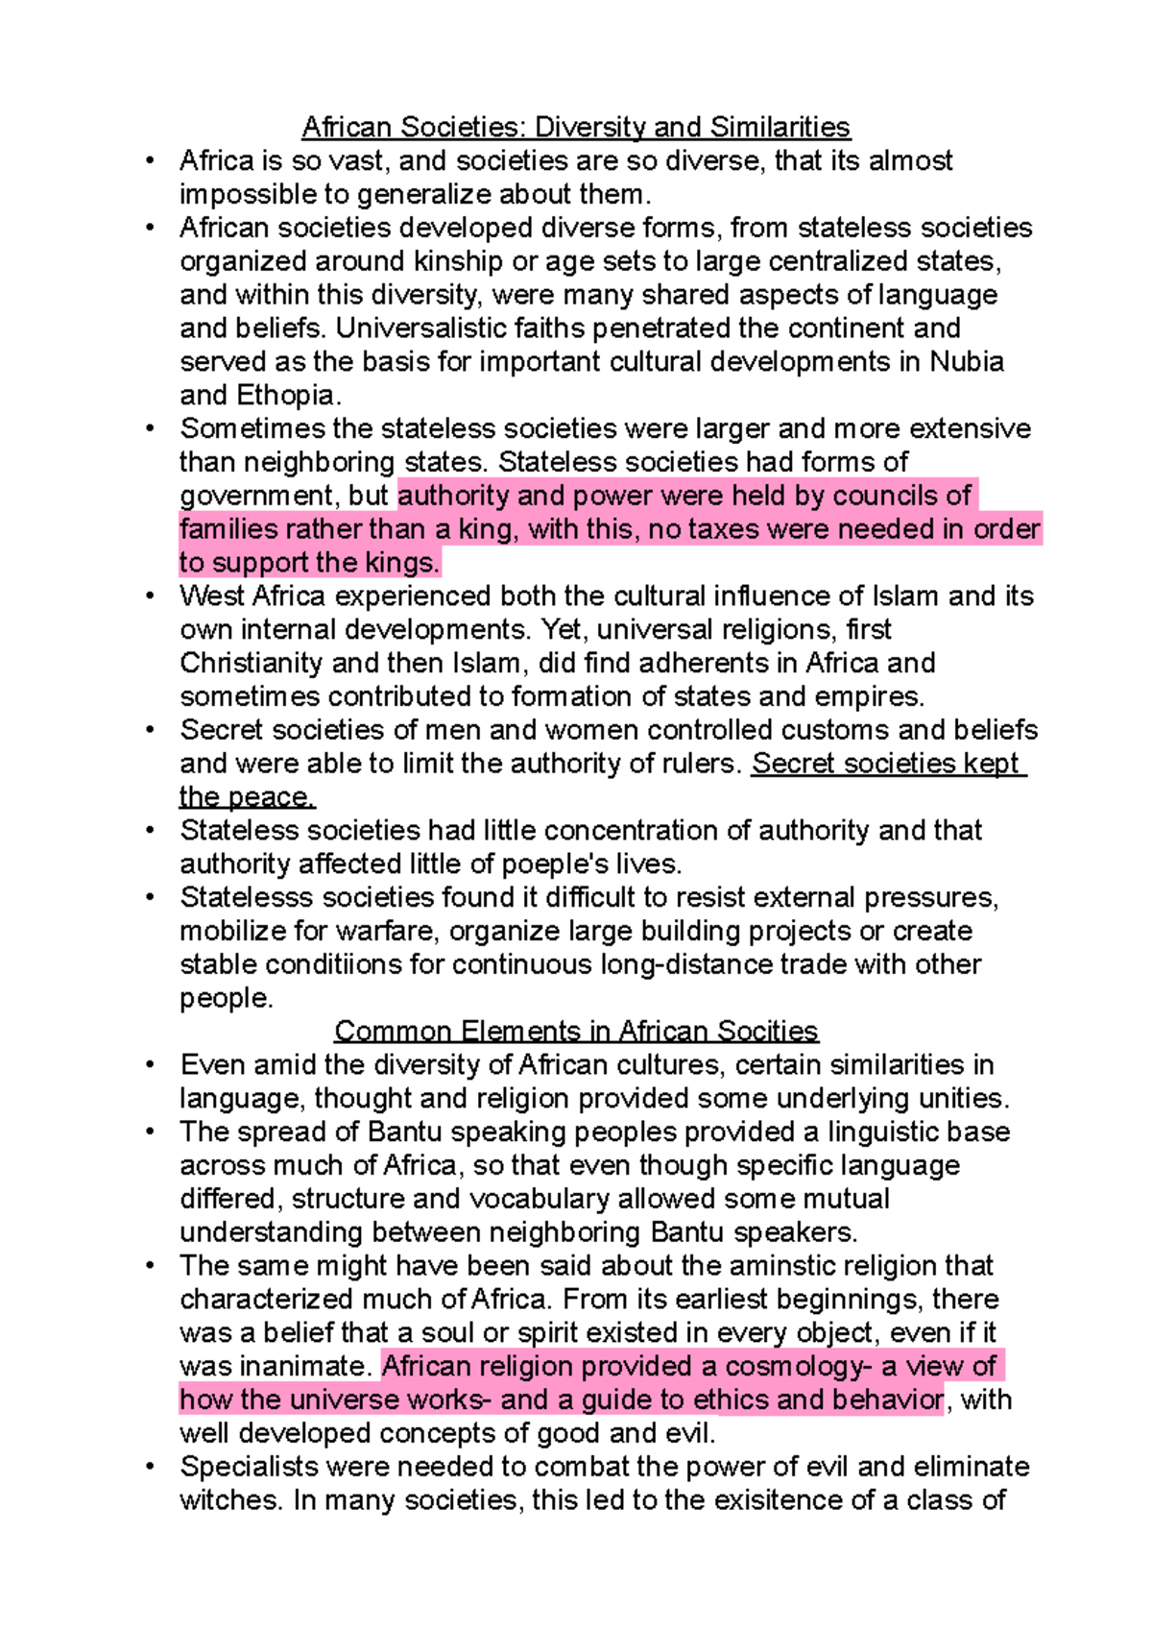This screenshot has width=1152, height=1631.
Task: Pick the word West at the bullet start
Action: tap(212, 596)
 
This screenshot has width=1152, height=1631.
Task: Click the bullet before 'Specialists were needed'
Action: tap(151, 1467)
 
